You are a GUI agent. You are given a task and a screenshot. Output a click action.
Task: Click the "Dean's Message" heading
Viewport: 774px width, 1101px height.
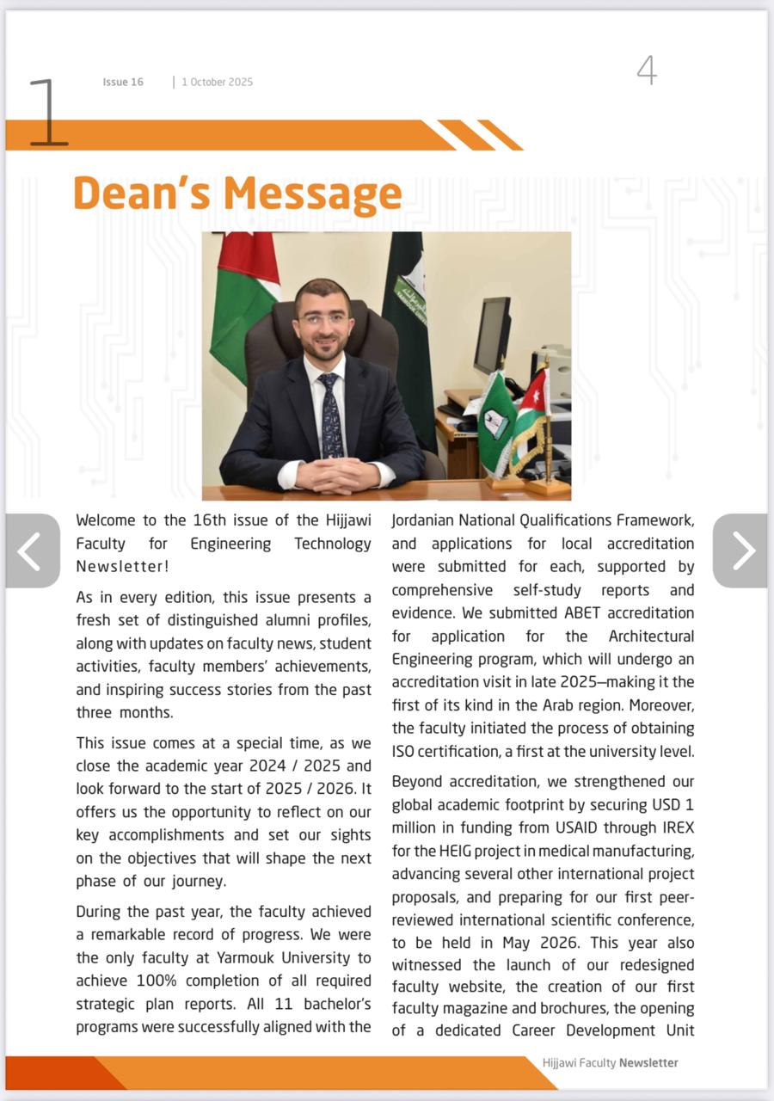point(237,194)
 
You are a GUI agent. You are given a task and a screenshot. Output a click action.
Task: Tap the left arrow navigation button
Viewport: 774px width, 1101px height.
point(32,551)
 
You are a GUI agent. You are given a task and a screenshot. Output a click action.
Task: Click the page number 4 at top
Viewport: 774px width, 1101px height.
point(647,70)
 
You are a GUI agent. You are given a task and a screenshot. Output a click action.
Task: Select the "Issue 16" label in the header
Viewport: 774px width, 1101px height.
point(123,83)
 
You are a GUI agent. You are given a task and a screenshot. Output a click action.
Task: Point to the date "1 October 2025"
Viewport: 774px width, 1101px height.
point(218,83)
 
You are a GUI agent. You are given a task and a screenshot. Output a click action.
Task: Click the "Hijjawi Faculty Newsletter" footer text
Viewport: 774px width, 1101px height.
point(610,1063)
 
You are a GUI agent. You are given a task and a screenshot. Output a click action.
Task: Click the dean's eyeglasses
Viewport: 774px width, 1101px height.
point(323,319)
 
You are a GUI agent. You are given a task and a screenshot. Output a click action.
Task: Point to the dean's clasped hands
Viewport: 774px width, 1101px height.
point(336,474)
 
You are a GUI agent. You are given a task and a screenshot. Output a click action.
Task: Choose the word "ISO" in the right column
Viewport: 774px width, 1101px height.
point(403,752)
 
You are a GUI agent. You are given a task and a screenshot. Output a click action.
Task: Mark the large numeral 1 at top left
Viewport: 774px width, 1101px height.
point(47,112)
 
